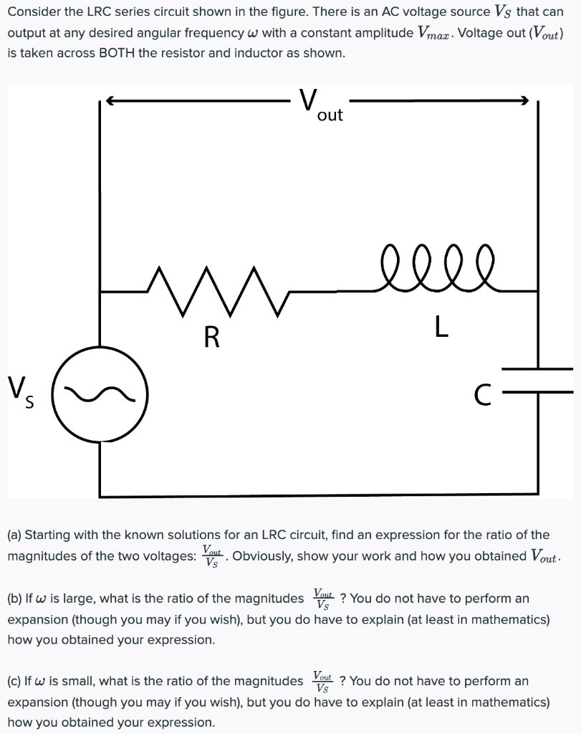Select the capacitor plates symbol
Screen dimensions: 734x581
537,381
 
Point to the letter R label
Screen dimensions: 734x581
211,337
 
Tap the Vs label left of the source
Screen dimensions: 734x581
21,393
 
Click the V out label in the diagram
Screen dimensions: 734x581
321,106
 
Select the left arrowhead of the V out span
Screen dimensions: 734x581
109,102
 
